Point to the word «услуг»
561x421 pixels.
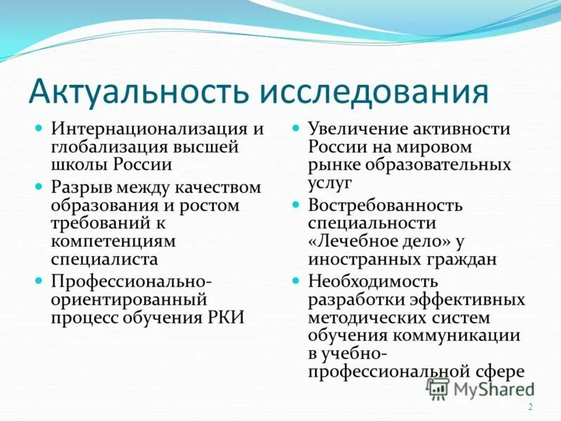330,182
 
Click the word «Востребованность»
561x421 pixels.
385,206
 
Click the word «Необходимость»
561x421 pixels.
373,281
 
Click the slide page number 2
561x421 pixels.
530,407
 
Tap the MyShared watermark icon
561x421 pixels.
438,388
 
